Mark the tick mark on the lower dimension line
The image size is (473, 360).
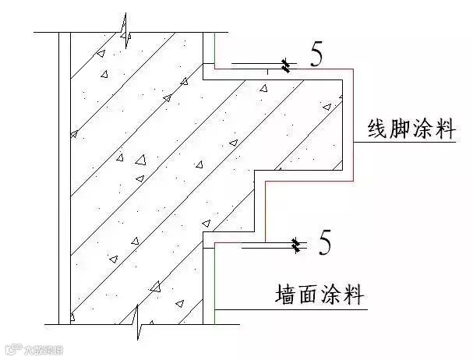coord(296,246)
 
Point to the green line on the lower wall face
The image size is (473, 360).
coord(214,281)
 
